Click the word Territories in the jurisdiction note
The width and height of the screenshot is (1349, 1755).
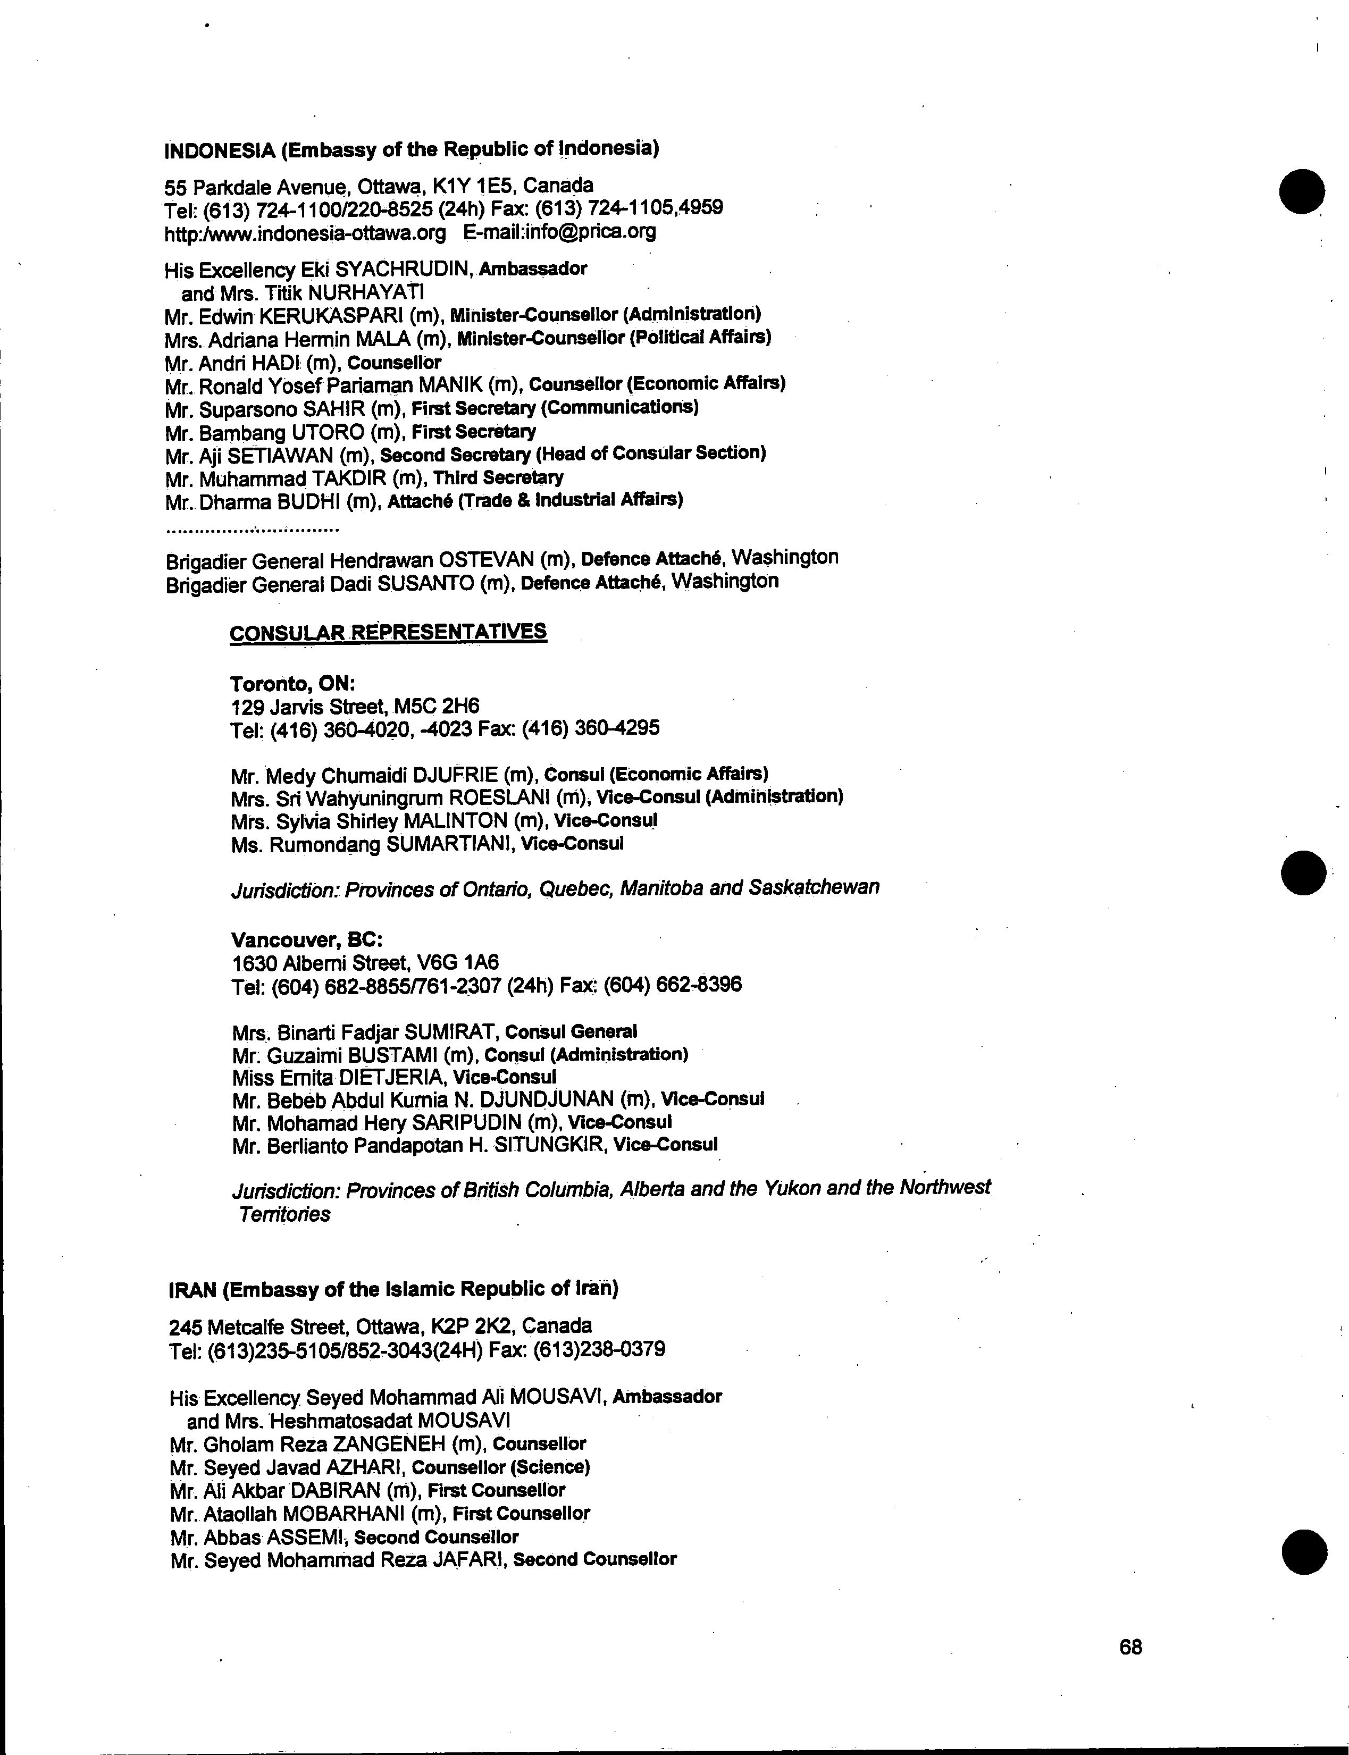284,1214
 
